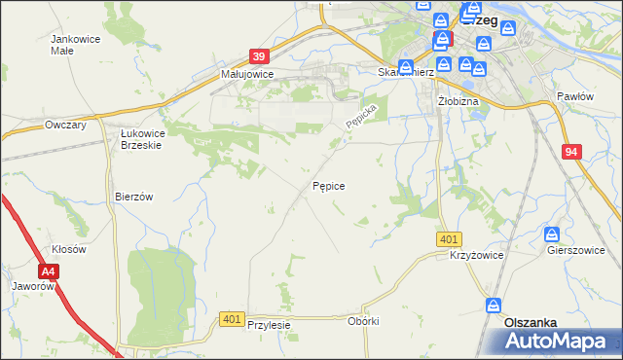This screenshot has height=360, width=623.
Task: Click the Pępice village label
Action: coord(329,185)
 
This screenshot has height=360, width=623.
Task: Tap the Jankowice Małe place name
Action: coord(74,45)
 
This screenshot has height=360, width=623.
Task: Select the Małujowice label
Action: coord(246,74)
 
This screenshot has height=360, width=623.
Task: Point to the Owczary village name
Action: coord(66,126)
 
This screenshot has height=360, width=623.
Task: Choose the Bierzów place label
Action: coord(134,196)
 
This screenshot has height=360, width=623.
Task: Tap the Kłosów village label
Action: coord(69,249)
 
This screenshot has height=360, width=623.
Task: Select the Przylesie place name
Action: coord(270,325)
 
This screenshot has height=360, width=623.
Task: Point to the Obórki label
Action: coord(362,320)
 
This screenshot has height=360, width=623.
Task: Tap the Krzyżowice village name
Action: coord(476,254)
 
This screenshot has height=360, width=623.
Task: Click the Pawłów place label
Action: coord(574,96)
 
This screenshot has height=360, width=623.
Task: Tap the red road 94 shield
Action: coord(571,152)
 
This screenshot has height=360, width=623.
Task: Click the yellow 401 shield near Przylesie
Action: coord(231,319)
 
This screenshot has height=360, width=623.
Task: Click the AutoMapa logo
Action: coord(556,342)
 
